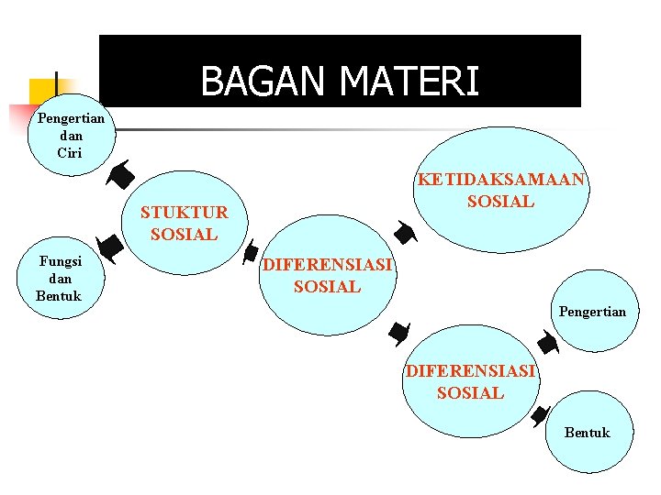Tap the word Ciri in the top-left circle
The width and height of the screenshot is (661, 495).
point(70,153)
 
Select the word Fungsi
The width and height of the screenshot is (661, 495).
point(61,261)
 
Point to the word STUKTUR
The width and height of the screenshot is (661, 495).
point(184,214)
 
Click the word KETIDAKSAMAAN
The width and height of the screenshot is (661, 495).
point(500,180)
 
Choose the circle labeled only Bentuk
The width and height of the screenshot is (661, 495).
point(588,433)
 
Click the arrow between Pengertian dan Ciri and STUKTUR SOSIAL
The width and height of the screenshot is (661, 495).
point(120,173)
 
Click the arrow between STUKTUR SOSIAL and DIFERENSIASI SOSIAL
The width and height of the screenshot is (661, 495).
point(249,253)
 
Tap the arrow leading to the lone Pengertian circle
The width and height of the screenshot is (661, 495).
point(547,345)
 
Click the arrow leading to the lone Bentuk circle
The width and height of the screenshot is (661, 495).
point(541,414)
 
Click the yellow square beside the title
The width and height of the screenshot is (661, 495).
point(41,93)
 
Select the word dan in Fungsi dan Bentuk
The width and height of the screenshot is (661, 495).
point(61,279)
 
